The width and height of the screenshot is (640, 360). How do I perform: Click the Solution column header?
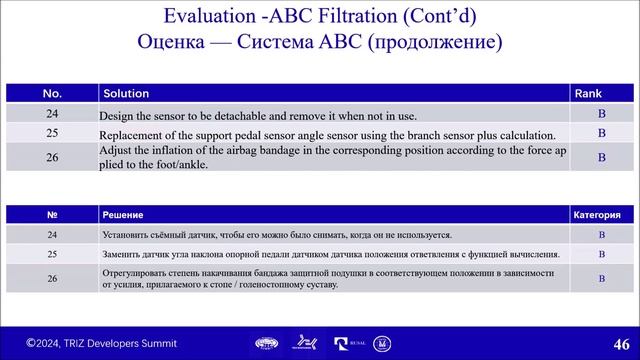point(125,93)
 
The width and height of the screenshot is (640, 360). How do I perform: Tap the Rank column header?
point(586,93)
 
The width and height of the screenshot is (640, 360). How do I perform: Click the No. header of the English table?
point(52,93)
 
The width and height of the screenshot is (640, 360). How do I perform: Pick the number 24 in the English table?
point(52,114)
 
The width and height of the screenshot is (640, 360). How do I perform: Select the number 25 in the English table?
point(52,133)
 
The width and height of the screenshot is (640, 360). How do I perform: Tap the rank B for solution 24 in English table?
point(602,114)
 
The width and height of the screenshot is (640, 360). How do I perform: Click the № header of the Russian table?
point(52,215)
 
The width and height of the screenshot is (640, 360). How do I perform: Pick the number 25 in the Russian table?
point(52,254)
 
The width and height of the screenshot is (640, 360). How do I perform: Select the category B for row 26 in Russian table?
point(602,277)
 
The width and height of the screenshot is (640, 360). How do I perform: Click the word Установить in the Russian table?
point(130,235)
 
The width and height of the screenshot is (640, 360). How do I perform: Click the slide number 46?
point(617,343)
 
